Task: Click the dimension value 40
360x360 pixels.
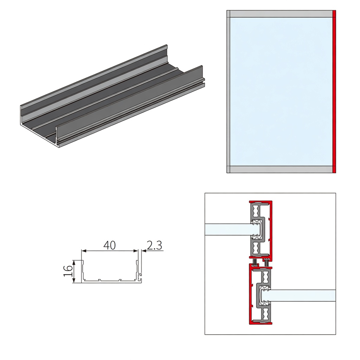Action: coord(110,245)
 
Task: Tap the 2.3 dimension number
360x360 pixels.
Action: coord(154,245)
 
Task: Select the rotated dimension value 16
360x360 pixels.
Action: coord(68,271)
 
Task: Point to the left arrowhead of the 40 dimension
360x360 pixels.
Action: coord(84,251)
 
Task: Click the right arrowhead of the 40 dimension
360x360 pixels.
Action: coord(136,251)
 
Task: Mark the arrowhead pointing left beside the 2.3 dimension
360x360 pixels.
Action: coord(144,251)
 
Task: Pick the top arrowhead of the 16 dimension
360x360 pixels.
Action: coord(74,262)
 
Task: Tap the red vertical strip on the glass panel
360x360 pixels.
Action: coord(334,91)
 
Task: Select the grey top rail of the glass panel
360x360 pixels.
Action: coord(281,14)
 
